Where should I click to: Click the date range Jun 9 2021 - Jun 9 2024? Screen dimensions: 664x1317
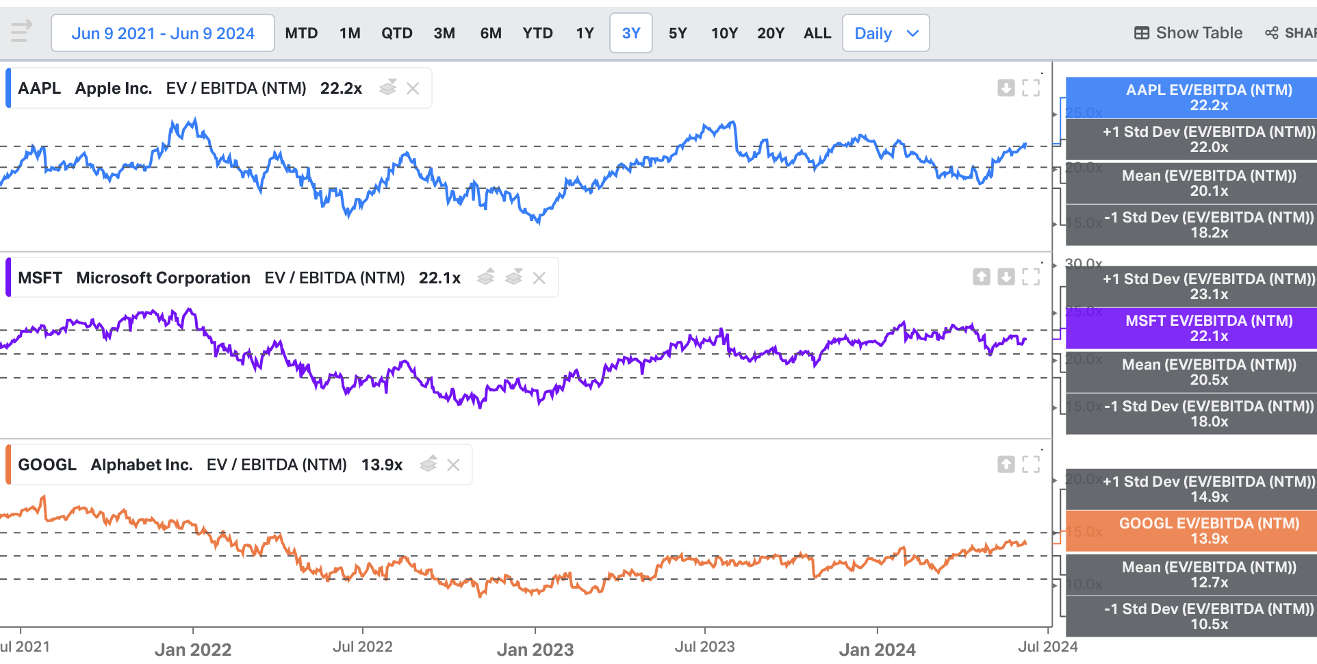click(163, 34)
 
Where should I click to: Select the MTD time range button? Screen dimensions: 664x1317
click(301, 34)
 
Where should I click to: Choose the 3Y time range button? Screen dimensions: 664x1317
click(630, 34)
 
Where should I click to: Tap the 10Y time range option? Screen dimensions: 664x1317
click(724, 34)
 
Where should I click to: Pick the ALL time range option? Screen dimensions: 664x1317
click(817, 34)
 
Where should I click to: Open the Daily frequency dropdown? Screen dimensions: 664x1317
click(886, 34)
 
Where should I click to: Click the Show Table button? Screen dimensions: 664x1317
click(1188, 33)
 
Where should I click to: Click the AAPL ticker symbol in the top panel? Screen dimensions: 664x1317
click(39, 88)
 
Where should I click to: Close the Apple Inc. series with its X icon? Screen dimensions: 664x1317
click(413, 88)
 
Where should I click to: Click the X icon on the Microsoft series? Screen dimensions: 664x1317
click(539, 278)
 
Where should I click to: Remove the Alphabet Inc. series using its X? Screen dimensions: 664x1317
click(453, 465)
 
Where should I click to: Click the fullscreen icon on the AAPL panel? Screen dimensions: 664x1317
click(1031, 88)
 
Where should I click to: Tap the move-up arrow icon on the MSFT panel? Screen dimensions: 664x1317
click(982, 277)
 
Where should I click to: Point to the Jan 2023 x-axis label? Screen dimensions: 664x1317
click(535, 649)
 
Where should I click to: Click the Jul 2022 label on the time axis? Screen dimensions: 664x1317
click(363, 647)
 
